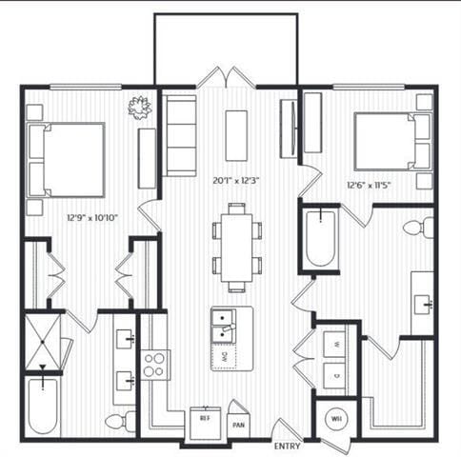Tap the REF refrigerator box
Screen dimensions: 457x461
click(x=205, y=418)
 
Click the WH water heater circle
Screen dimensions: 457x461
click(x=336, y=416)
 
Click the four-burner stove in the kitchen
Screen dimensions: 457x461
click(x=155, y=364)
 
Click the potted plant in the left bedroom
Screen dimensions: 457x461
click(x=140, y=107)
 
